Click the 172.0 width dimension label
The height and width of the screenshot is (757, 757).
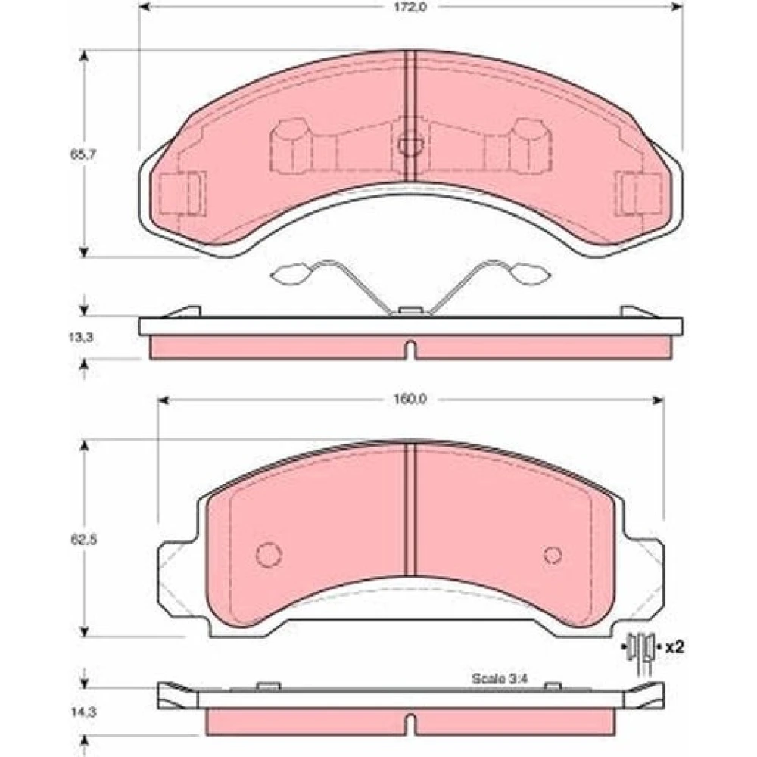click(410, 8)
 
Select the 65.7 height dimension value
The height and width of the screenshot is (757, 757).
click(84, 155)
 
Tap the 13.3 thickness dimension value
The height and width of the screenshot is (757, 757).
click(81, 338)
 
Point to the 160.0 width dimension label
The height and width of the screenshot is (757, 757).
click(410, 400)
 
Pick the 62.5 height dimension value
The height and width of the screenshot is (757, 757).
click(84, 539)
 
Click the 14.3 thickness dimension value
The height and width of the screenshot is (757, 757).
click(84, 712)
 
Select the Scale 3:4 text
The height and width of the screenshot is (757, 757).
click(500, 678)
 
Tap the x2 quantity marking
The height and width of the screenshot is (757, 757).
click(674, 647)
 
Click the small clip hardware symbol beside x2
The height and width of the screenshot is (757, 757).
click(640, 651)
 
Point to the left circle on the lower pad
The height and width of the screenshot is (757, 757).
click(269, 555)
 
